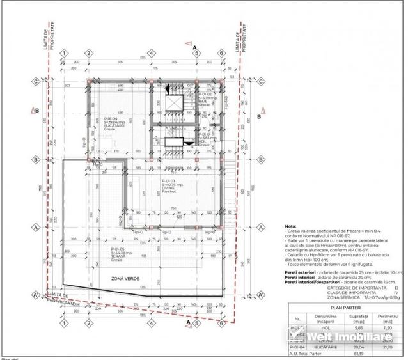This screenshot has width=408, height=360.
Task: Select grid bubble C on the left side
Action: coord(36,81)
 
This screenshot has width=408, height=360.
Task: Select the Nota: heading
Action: coord(290,227)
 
